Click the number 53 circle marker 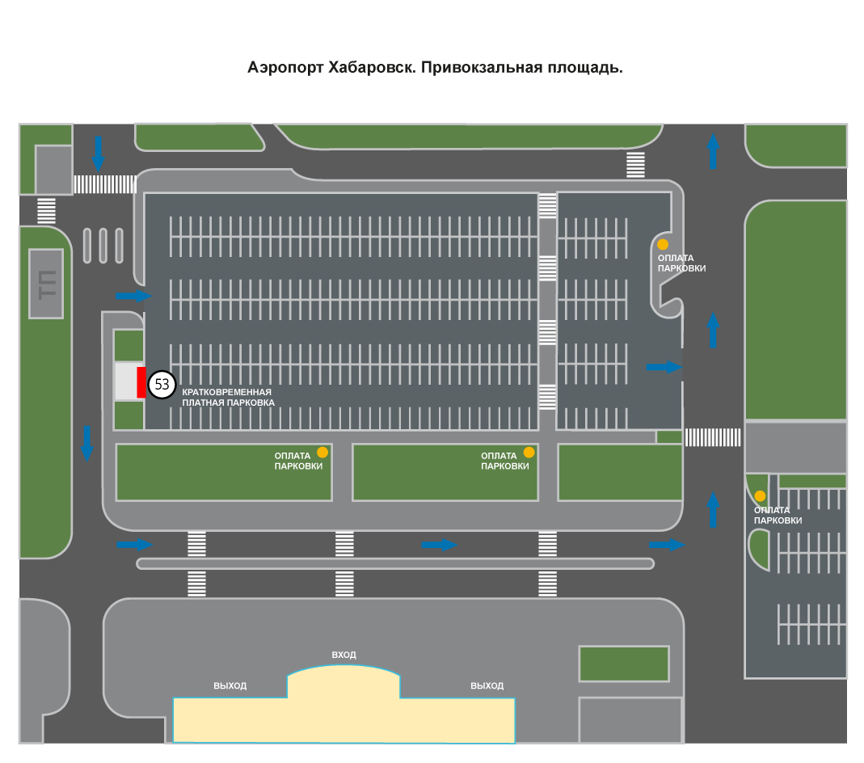(x=162, y=384)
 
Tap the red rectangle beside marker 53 (x=141, y=382)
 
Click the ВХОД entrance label (x=343, y=655)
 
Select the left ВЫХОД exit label (x=230, y=686)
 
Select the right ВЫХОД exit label (x=487, y=686)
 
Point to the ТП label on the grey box (x=47, y=285)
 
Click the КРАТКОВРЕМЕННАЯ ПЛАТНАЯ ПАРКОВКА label (x=228, y=397)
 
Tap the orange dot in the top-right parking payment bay (x=662, y=244)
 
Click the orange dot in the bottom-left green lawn (x=322, y=453)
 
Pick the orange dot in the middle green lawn (x=529, y=453)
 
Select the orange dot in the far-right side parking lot (x=760, y=495)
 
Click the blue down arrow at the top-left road (x=98, y=154)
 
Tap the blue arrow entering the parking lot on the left (x=134, y=296)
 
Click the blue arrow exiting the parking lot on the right (x=664, y=367)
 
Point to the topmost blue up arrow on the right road (x=713, y=151)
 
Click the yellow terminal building (x=343, y=710)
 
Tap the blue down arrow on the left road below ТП (x=87, y=444)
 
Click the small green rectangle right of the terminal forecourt (x=624, y=664)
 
